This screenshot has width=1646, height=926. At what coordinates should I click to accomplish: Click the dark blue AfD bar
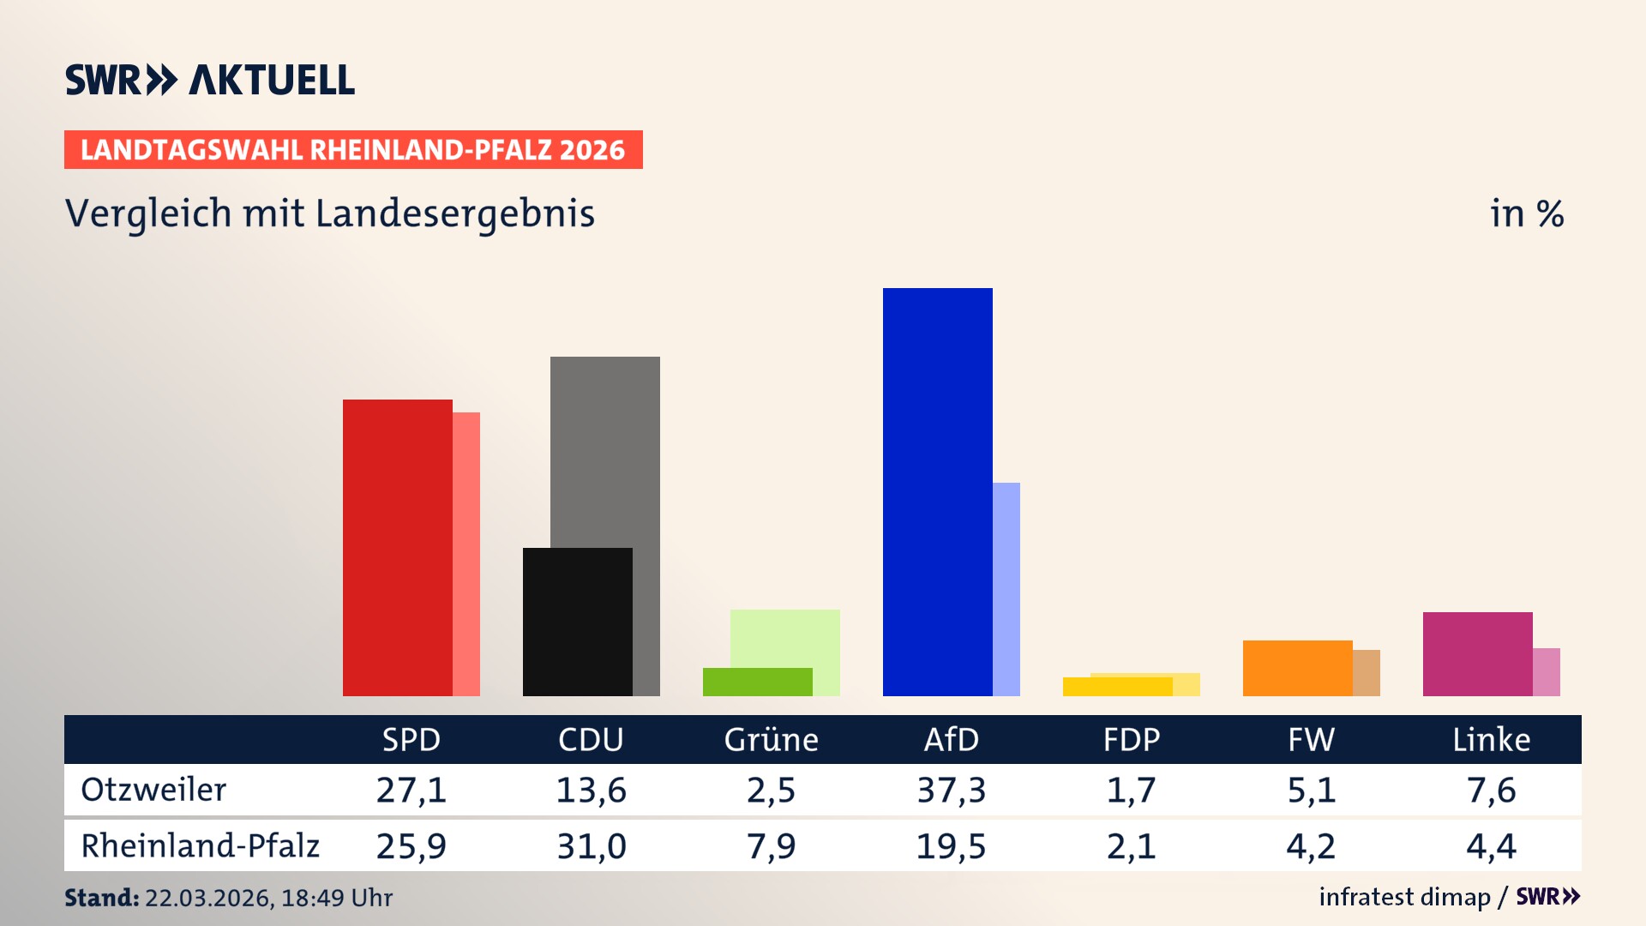click(x=937, y=491)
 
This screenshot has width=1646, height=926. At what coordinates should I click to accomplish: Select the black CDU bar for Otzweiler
click(x=577, y=622)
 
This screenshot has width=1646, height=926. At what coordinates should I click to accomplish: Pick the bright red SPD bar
click(x=397, y=547)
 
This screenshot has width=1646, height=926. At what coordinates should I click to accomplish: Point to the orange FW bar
click(x=1297, y=668)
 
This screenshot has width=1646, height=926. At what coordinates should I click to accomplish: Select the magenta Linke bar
click(x=1477, y=653)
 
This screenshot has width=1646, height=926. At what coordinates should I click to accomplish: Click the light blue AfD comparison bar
click(x=1006, y=588)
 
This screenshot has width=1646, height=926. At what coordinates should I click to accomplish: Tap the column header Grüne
click(x=771, y=740)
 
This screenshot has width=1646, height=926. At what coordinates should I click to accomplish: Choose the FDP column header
click(x=1131, y=740)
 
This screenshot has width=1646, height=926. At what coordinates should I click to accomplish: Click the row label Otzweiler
click(x=153, y=790)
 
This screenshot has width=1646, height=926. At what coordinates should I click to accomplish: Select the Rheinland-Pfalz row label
click(x=200, y=846)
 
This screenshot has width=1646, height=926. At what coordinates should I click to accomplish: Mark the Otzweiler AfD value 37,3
click(x=951, y=790)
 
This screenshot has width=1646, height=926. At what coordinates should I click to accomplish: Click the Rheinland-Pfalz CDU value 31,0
click(x=591, y=846)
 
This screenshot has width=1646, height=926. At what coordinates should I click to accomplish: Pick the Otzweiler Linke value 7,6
click(x=1491, y=790)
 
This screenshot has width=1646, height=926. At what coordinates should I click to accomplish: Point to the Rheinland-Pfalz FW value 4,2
click(x=1311, y=846)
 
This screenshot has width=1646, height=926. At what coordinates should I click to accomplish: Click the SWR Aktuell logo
click(x=210, y=80)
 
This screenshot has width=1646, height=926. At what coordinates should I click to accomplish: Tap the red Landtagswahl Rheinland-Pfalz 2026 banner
click(x=353, y=150)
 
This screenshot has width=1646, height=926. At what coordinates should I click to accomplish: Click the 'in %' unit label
click(x=1526, y=214)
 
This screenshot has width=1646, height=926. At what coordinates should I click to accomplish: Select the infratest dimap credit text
click(x=1404, y=897)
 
